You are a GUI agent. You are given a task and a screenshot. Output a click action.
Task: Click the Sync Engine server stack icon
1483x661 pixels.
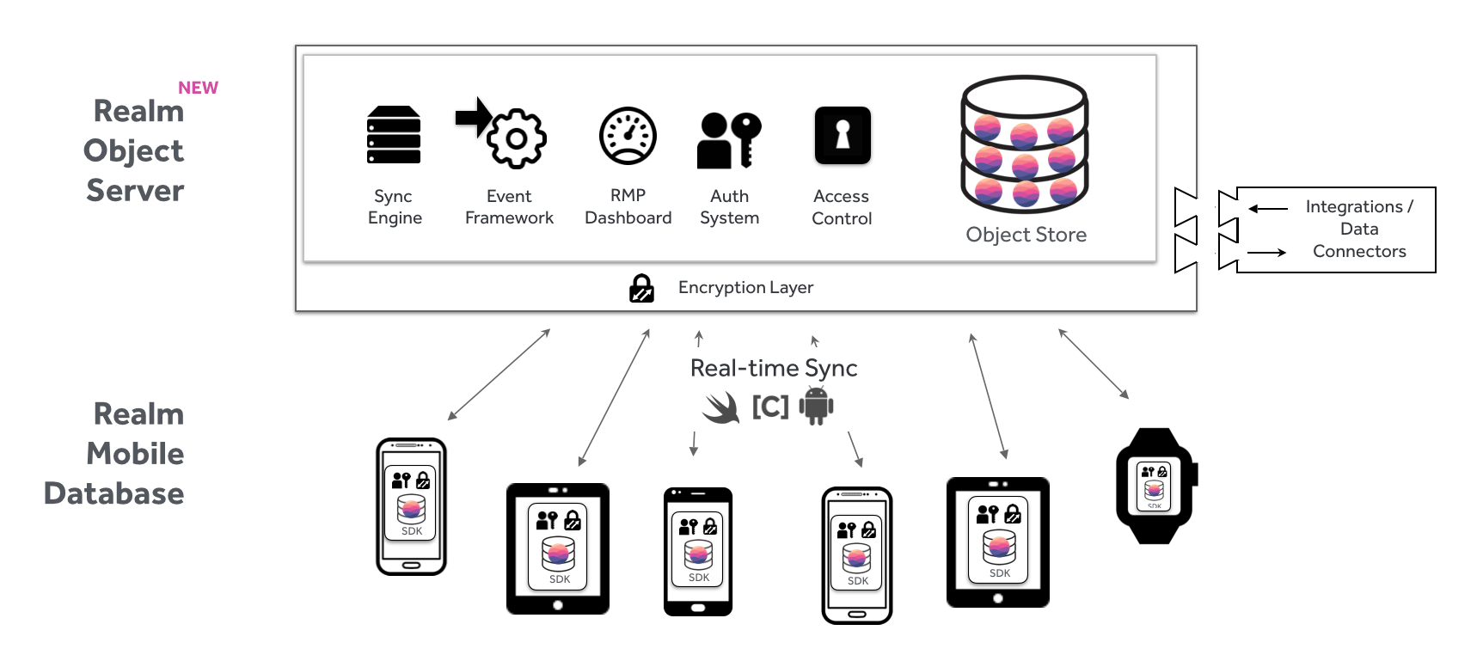click(x=394, y=135)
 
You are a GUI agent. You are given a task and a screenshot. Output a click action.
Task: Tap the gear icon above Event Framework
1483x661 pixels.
click(x=517, y=138)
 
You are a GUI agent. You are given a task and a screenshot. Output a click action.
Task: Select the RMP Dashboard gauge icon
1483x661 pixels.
click(x=628, y=136)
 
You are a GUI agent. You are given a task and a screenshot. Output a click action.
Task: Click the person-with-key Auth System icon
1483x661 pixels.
click(x=728, y=139)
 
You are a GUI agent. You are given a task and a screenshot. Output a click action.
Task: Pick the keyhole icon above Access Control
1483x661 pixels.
click(x=843, y=135)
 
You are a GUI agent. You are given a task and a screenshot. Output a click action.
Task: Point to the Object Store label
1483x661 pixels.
click(x=1026, y=235)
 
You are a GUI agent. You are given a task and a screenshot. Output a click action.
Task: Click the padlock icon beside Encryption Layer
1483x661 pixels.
click(x=641, y=288)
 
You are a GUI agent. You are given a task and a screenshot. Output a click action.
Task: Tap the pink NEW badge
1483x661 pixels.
click(x=198, y=88)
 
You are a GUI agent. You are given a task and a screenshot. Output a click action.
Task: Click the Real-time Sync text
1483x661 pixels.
click(x=774, y=368)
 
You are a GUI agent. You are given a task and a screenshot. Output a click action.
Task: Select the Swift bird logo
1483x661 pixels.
click(x=721, y=407)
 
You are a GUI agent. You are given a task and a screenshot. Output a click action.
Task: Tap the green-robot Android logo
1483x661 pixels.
click(x=816, y=406)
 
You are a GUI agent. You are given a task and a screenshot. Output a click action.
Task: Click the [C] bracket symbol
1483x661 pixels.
click(x=770, y=407)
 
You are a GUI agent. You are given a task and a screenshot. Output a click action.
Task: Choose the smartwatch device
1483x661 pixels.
click(x=1155, y=487)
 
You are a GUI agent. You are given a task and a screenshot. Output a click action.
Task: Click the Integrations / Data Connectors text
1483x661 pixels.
click(x=1359, y=229)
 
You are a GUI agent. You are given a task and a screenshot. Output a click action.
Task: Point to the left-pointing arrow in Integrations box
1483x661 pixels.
click(x=1268, y=208)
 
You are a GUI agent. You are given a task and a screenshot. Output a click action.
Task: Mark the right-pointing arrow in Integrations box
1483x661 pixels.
click(x=1266, y=253)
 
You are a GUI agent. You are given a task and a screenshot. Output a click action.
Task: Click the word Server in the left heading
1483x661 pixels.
click(x=135, y=190)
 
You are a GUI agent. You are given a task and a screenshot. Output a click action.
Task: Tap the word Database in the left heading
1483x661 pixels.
click(x=113, y=493)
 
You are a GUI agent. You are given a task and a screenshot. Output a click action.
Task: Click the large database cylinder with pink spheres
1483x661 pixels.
click(x=1025, y=144)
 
